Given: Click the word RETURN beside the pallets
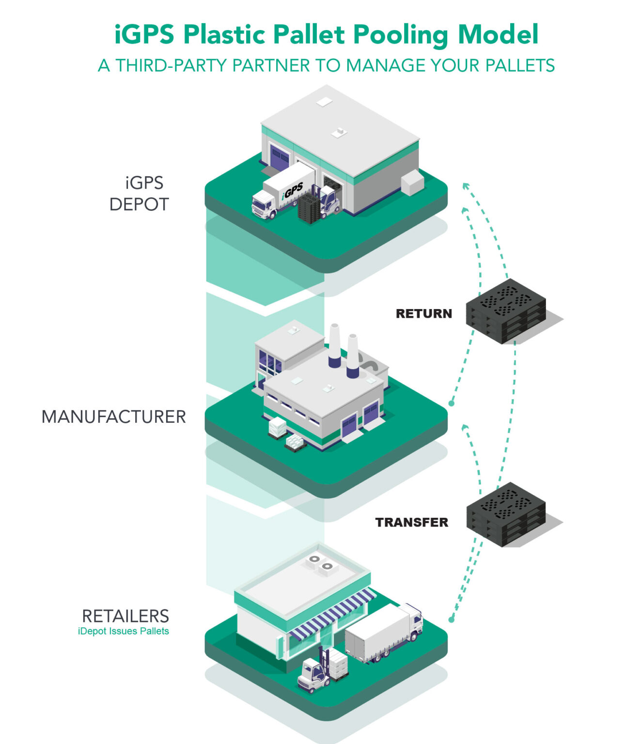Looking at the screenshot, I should tap(423, 313).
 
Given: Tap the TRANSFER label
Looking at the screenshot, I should tap(411, 522).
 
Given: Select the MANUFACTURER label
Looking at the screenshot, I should tap(113, 417).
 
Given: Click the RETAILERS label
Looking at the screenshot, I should tap(125, 616).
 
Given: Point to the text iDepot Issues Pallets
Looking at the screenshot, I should tap(123, 631).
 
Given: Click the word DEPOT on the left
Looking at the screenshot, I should tap(139, 204).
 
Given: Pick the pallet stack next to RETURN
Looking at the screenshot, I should tap(506, 311).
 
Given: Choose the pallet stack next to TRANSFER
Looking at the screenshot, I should tap(506, 514).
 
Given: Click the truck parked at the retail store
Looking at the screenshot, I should tap(383, 632).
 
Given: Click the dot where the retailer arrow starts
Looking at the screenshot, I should tap(451, 620).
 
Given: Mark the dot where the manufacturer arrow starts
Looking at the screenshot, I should tap(451, 403).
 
